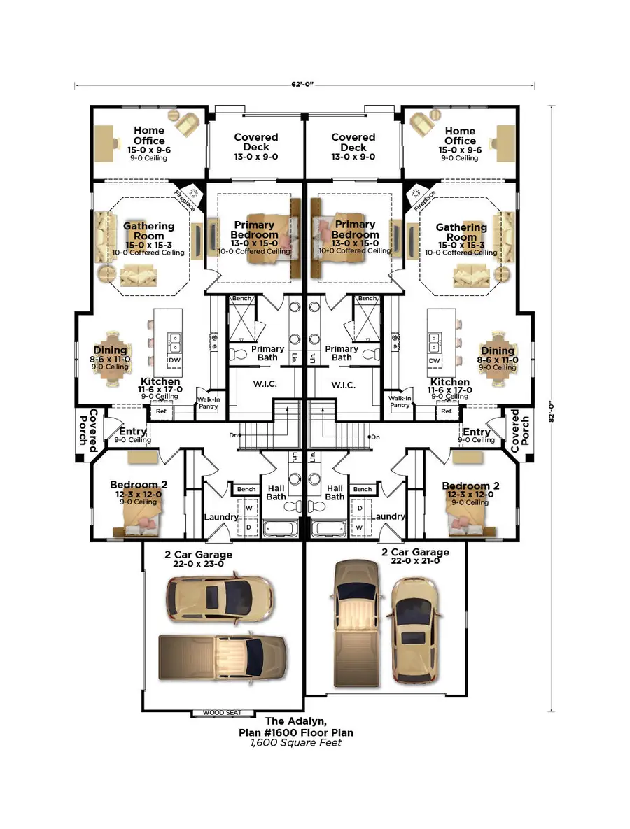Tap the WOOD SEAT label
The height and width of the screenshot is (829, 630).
pos(222,712)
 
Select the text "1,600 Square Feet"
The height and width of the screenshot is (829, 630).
pos(296,742)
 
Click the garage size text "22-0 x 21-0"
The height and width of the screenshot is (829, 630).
pos(416,561)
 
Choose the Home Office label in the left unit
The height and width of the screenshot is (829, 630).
pos(149,135)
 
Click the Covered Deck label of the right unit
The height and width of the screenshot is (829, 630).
pos(353,142)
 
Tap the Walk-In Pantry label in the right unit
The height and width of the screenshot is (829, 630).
pos(400,402)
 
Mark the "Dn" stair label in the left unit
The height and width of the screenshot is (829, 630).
pos(234,434)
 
